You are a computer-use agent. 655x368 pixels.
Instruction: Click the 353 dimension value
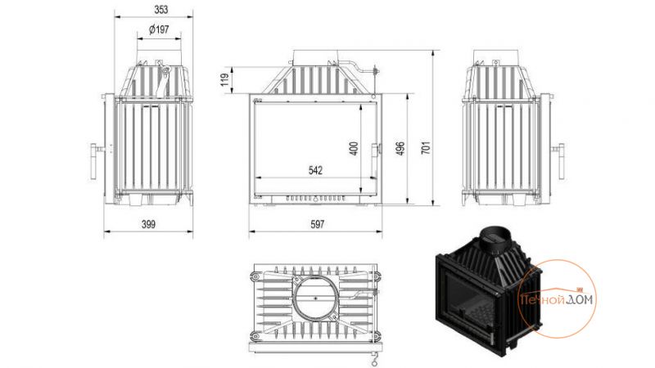point(160,9)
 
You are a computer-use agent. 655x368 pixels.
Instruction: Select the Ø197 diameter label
point(159,29)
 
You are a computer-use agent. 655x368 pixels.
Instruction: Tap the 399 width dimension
point(148,224)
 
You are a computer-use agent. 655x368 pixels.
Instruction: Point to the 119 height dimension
point(225,79)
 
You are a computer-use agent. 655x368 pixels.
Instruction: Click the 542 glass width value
point(315,170)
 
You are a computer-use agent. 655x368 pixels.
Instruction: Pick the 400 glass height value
point(354,149)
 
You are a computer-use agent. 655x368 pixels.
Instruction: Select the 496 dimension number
point(400,149)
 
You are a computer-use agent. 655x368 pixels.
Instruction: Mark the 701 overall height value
point(425,148)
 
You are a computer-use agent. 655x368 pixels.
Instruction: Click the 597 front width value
point(317,224)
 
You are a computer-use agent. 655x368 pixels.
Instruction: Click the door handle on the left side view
point(95,161)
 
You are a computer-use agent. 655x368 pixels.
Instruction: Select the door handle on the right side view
point(559,161)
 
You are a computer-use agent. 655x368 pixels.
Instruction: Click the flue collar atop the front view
point(315,56)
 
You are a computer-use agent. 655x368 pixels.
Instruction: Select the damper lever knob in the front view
point(376,70)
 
